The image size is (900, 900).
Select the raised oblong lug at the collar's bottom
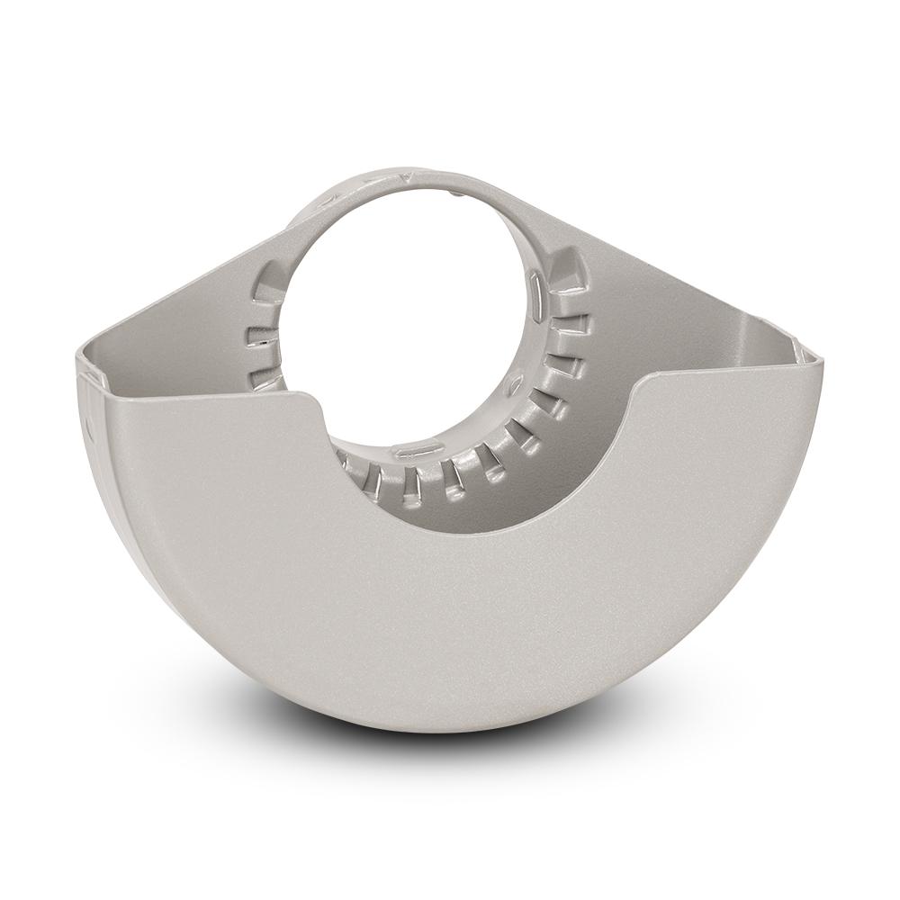pyautogui.click(x=413, y=447)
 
